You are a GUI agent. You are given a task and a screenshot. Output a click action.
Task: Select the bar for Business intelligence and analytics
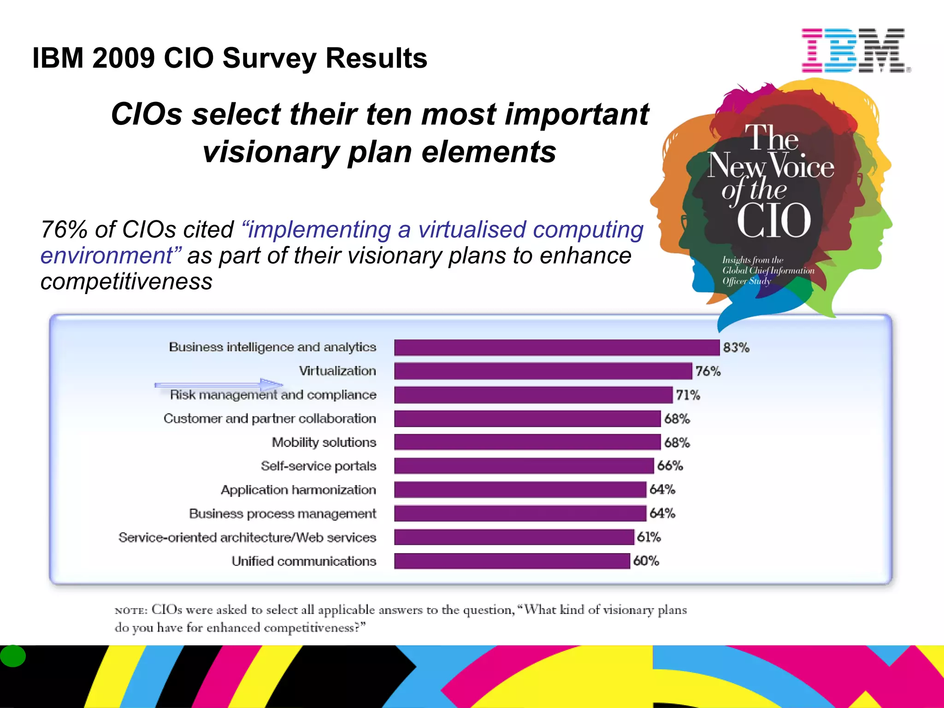point(556,348)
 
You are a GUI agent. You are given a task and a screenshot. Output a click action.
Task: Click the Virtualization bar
point(543,371)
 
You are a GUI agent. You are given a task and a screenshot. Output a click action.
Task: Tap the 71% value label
point(688,395)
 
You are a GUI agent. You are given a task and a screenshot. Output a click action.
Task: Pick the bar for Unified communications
point(512,561)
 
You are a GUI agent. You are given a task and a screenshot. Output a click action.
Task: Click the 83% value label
point(736,348)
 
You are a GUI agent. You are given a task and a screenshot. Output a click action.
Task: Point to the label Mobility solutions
point(324,442)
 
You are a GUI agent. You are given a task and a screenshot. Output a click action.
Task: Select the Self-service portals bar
point(524,466)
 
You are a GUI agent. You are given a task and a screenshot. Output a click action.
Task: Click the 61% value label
point(649,537)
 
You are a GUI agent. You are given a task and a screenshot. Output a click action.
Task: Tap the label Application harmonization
point(298,490)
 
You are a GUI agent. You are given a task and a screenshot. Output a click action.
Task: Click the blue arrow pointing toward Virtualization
point(219,384)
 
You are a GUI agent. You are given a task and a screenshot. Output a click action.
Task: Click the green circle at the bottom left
point(12,656)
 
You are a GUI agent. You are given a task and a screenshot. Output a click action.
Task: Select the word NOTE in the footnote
point(130,611)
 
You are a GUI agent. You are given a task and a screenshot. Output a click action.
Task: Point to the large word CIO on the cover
point(773,220)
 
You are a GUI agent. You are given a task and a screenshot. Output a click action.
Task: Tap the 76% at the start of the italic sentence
point(64,230)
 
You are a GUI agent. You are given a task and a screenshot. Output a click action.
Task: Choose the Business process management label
point(282,513)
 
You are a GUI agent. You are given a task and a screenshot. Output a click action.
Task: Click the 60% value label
point(646,561)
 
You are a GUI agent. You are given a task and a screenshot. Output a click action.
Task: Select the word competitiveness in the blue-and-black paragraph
point(126,282)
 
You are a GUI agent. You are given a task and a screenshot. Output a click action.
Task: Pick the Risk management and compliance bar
point(533,395)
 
